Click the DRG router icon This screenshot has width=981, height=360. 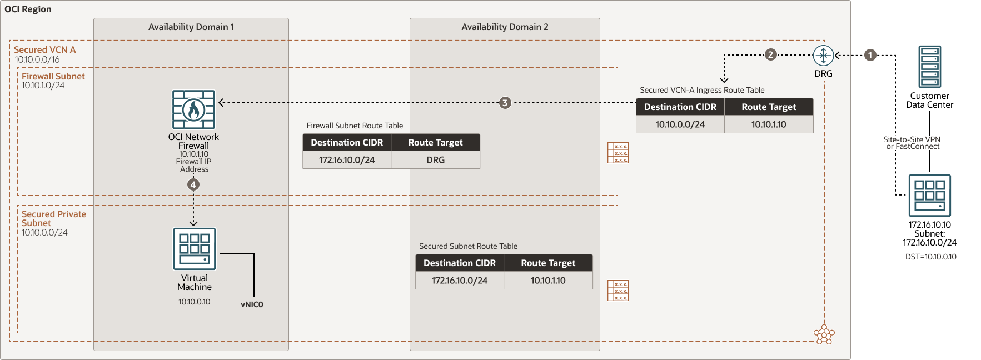pos(823,56)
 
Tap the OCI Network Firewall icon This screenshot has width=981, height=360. pos(193,110)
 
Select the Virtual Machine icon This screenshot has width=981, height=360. pos(194,249)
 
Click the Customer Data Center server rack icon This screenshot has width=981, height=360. pos(930,67)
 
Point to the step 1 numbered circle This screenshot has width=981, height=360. pos(870,55)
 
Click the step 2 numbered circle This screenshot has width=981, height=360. pos(770,54)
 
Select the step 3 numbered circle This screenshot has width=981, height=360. pos(505,103)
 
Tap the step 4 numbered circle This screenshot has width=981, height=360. pos(193,184)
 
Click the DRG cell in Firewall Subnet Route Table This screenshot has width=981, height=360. pos(435,160)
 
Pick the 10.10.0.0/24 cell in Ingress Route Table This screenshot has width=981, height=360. pos(680,124)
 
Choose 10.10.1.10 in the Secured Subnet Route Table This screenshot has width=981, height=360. pos(548,281)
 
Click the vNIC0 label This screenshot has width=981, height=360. pos(252,304)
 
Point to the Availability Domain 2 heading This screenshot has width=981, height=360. pos(505,27)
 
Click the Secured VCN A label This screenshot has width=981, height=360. pos(44,49)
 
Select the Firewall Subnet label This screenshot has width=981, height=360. pos(53,76)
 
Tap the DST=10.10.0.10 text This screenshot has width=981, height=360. pos(930,257)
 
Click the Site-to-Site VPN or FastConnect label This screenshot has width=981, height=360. pos(912,143)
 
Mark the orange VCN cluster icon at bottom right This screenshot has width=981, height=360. pos(824,334)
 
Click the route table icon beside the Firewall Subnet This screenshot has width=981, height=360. pos(618,153)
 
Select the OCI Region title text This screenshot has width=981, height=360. pos(28,9)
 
